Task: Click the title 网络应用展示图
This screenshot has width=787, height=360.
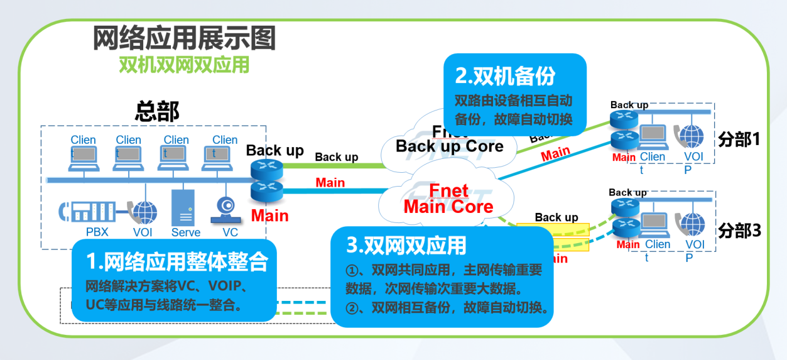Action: [x=184, y=39]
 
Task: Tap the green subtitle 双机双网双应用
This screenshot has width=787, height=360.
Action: [x=184, y=65]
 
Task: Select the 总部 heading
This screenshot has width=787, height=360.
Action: [x=157, y=111]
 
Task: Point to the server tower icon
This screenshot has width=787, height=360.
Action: [x=183, y=208]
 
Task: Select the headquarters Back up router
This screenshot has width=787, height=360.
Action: [x=263, y=169]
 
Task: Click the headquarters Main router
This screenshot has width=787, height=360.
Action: [x=263, y=190]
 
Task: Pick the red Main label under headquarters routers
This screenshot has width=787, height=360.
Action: [x=269, y=216]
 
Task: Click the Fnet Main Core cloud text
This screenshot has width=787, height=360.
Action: [x=448, y=199]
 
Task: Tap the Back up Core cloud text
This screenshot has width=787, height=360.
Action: [x=449, y=146]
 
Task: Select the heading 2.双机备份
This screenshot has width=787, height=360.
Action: [x=505, y=76]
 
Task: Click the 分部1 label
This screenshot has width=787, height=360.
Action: [x=739, y=139]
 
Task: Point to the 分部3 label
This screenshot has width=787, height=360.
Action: [x=739, y=231]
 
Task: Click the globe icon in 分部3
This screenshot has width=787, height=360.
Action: [x=693, y=224]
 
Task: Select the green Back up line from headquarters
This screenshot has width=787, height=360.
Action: [x=333, y=166]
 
